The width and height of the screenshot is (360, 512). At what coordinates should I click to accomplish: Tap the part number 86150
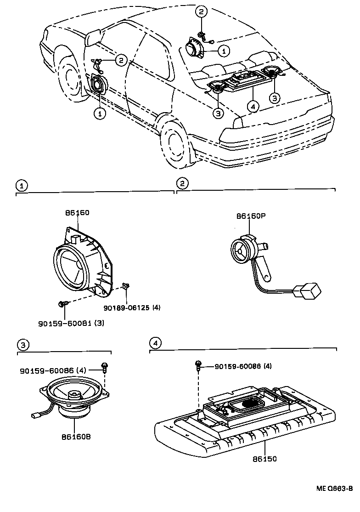point(264,459)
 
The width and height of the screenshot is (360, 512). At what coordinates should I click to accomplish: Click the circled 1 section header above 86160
point(20,185)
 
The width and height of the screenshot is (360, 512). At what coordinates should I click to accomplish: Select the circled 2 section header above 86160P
point(182,183)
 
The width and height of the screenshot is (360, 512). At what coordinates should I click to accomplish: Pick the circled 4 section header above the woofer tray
point(156,342)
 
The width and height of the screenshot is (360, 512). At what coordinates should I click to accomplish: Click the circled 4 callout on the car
point(252,106)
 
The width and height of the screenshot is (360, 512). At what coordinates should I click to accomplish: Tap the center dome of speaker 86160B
point(74,394)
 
